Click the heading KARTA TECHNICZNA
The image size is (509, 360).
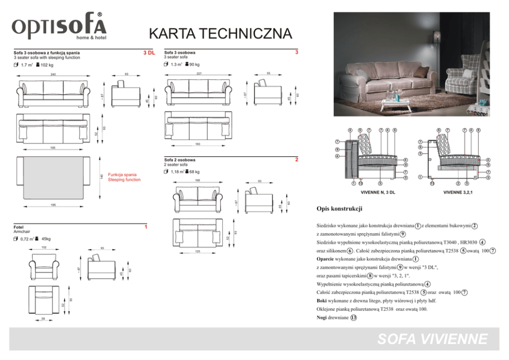220,34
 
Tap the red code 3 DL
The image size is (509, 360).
149,53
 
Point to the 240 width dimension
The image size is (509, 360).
53,75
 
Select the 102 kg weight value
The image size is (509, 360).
47,65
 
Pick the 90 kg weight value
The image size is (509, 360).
194,65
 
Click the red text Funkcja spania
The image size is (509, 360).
122,175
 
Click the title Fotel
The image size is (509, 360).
18,227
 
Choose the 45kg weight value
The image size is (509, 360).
46,239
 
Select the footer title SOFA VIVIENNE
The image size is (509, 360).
432,339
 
